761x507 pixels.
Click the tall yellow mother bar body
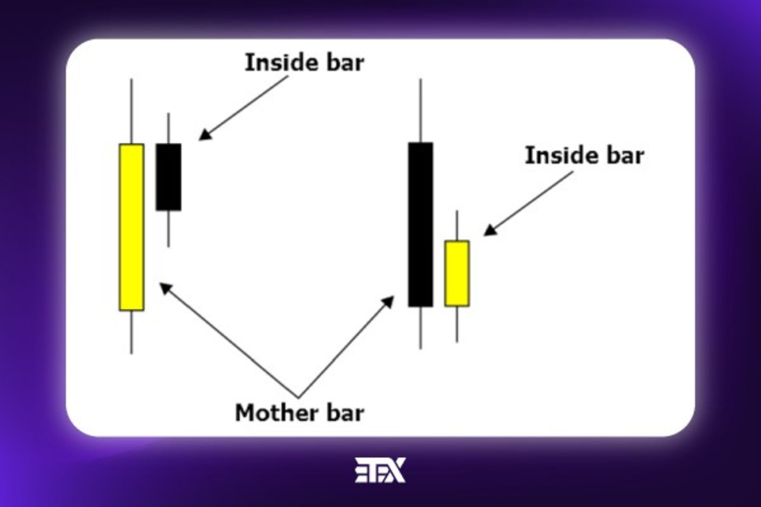click(132, 227)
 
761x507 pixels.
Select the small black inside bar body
click(168, 177)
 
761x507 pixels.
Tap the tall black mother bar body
click(421, 225)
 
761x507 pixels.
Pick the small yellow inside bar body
click(457, 273)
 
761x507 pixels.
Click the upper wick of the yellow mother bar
click(132, 111)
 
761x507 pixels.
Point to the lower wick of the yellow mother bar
click(132, 332)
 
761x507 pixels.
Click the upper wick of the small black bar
click(168, 128)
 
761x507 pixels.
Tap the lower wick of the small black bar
click(168, 229)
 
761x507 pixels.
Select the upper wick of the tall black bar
click(421, 111)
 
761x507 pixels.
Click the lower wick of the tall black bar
click(421, 328)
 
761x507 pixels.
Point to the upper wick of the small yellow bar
click(457, 225)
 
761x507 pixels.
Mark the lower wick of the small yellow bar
click(457, 324)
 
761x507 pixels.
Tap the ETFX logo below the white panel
click(380, 470)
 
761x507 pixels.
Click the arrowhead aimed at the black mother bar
click(388, 302)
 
